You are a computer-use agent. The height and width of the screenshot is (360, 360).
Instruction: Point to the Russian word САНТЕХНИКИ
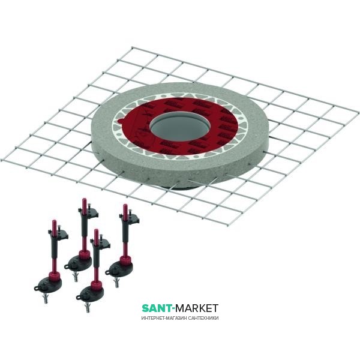coord(201,318)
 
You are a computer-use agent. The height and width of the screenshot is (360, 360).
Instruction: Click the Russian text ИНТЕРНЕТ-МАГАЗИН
coord(161,318)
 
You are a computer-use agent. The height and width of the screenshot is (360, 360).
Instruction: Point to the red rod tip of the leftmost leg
coord(52,224)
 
